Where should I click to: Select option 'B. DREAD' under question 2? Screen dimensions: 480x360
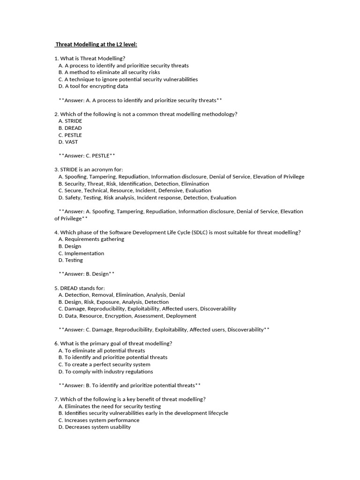click(x=70, y=128)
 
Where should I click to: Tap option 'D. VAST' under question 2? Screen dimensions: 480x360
click(x=68, y=142)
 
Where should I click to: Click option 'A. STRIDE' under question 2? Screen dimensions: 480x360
click(x=70, y=121)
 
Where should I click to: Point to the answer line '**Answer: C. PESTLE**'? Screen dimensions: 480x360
click(x=87, y=156)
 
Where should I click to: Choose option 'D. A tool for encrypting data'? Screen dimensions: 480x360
click(x=93, y=86)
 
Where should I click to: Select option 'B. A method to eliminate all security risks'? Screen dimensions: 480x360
click(x=109, y=73)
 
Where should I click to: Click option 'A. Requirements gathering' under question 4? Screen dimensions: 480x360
click(x=91, y=239)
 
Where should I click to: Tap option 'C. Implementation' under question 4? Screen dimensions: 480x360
click(x=81, y=253)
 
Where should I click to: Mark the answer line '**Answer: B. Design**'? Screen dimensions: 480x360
click(x=87, y=274)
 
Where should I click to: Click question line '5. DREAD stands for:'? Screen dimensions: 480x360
click(x=80, y=288)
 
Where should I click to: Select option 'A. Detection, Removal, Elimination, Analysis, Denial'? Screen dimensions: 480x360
click(x=121, y=295)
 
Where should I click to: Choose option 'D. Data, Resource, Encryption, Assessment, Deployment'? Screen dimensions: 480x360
click(x=127, y=316)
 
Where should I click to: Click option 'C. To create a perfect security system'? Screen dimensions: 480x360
click(x=104, y=364)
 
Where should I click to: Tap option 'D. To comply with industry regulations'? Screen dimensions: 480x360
click(x=105, y=371)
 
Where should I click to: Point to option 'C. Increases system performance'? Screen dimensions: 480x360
click(x=98, y=420)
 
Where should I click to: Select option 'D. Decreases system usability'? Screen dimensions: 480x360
click(x=94, y=427)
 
